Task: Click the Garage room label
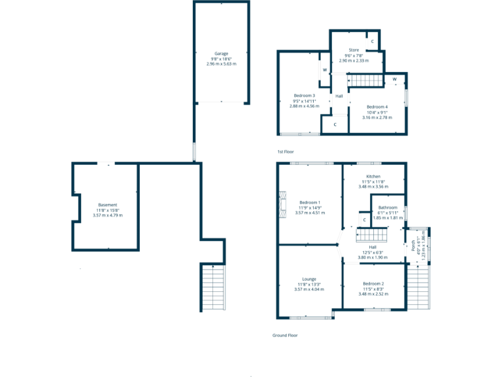(x=221, y=54)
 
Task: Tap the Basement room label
(x=107, y=205)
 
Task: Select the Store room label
(x=354, y=50)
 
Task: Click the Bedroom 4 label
(x=376, y=107)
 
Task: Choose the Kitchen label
(x=373, y=177)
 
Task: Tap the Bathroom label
(x=387, y=207)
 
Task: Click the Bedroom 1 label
(x=310, y=202)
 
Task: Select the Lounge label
(x=309, y=279)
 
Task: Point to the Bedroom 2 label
(x=373, y=283)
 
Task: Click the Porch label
(x=414, y=245)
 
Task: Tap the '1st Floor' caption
(x=286, y=152)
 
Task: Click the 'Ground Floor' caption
(x=285, y=335)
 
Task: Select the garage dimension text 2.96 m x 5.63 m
(x=221, y=64)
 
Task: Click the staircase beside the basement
(x=212, y=287)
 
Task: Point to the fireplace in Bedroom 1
(x=282, y=204)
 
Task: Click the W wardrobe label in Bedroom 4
(x=395, y=80)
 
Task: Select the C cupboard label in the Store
(x=373, y=42)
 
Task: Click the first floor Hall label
(x=339, y=96)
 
